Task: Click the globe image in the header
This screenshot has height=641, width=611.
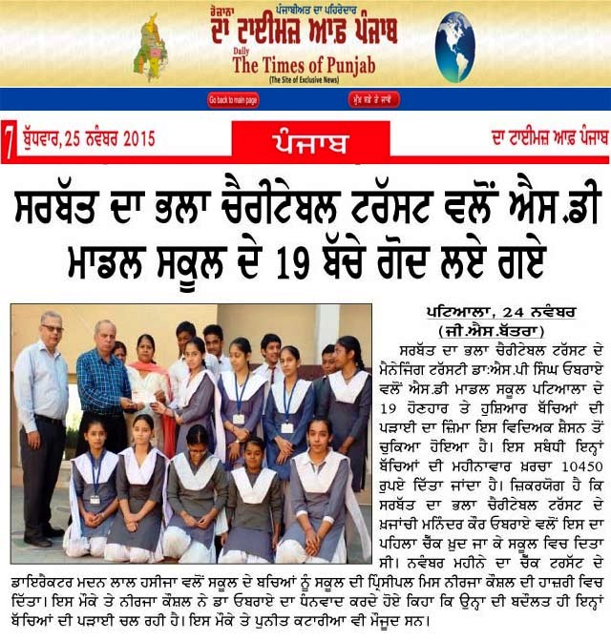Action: tap(455, 46)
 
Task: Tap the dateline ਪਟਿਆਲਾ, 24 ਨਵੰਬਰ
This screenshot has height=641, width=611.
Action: tap(482, 313)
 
